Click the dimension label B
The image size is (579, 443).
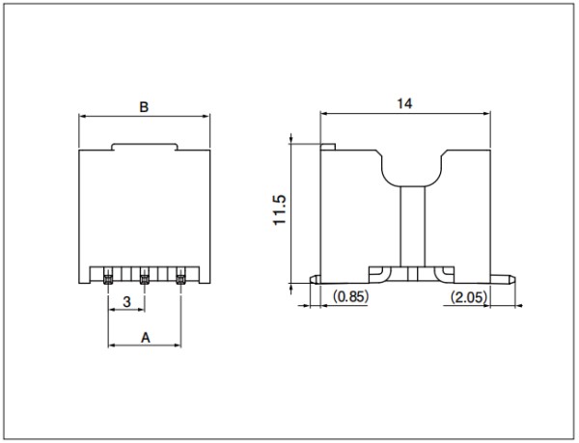tap(144, 107)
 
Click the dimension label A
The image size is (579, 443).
tap(146, 338)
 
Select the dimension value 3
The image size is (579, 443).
tap(126, 302)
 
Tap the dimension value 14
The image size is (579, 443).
tap(404, 103)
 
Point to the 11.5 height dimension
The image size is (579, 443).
tap(280, 209)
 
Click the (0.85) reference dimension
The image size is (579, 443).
tap(351, 296)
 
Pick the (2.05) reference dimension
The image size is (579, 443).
tap(469, 297)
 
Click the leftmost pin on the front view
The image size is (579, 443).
tap(108, 280)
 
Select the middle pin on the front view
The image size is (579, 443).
tap(145, 280)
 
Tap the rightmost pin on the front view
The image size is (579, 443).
tap(180, 280)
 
